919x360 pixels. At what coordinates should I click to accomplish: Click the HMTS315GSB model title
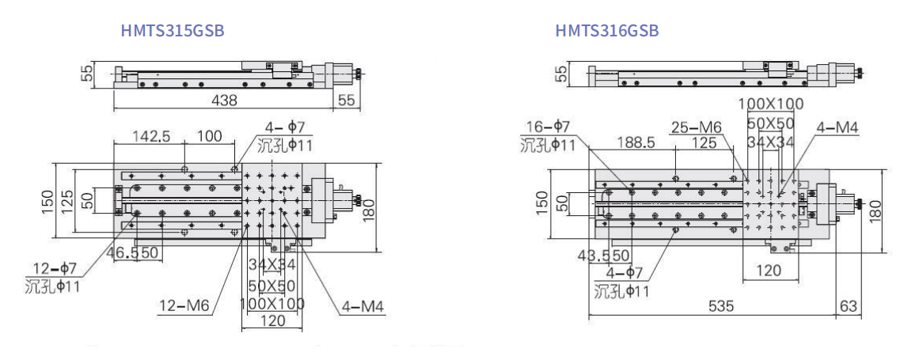(173, 30)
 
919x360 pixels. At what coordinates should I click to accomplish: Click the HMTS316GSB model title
(606, 30)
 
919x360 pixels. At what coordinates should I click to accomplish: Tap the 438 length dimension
(225, 100)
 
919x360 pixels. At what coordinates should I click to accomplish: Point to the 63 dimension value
(848, 306)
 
